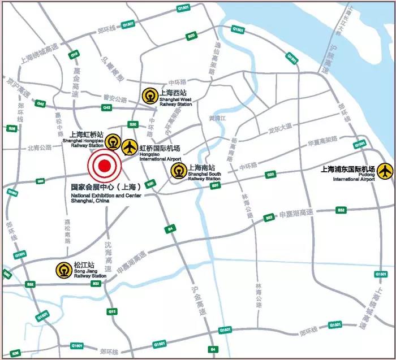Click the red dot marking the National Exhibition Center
pyautogui.click(x=104, y=166)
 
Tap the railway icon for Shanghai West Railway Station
pyautogui.click(x=149, y=94)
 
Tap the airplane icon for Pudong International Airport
pyautogui.click(x=386, y=170)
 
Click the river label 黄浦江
pyautogui.click(x=217, y=118)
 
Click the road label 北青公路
pyautogui.click(x=39, y=148)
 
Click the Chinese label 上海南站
pyautogui.click(x=201, y=167)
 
